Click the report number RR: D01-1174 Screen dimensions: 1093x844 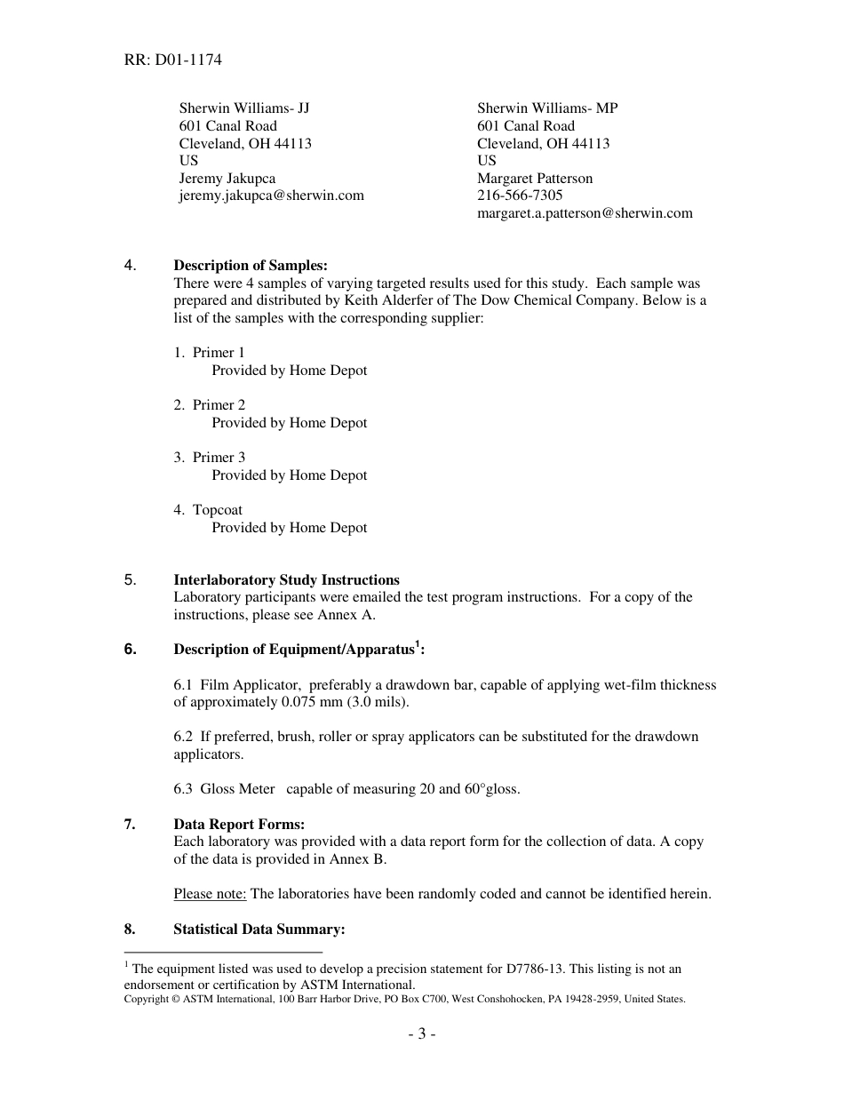coord(173,60)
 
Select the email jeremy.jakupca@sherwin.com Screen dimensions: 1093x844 coord(271,195)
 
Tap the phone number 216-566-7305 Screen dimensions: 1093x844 coord(520,195)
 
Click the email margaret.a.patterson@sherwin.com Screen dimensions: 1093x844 coord(585,213)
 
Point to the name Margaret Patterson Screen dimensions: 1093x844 coord(535,179)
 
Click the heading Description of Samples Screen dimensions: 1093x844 coord(251,266)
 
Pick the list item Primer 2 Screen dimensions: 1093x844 coord(219,405)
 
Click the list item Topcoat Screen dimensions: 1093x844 coord(217,510)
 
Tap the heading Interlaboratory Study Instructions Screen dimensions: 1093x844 coord(286,580)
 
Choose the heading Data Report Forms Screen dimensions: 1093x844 coord(239,825)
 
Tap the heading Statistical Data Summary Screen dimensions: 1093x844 coord(259,929)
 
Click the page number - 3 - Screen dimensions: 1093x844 coord(421,1034)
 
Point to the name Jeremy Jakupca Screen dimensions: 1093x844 coord(227,179)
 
